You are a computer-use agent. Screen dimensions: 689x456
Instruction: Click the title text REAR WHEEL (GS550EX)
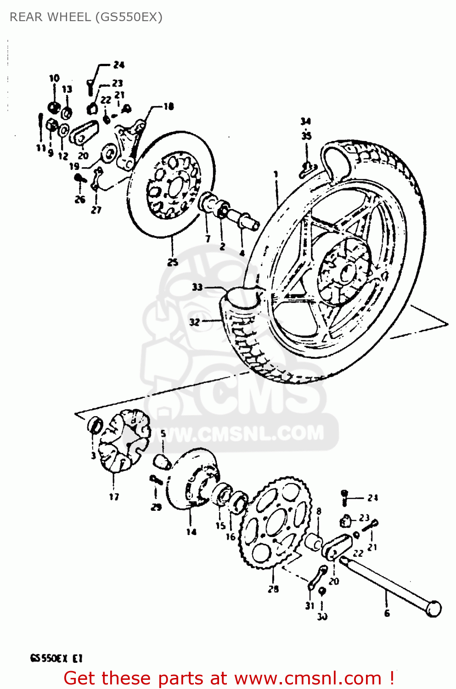tap(86, 17)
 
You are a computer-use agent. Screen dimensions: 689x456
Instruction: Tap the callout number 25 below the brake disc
tap(173, 262)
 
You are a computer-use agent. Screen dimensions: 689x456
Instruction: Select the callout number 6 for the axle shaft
tap(387, 613)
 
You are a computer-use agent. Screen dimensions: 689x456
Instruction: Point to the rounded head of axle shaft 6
tap(433, 609)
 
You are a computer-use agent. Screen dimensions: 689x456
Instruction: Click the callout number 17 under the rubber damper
tap(114, 497)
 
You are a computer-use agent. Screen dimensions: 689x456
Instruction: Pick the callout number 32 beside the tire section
tap(195, 322)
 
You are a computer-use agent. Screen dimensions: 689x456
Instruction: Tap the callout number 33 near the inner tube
tap(197, 287)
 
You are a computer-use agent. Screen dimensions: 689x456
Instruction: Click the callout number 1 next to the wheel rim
tap(276, 174)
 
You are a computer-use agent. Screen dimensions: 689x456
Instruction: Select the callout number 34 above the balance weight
tap(306, 121)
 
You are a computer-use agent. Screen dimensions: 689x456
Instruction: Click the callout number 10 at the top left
tap(54, 78)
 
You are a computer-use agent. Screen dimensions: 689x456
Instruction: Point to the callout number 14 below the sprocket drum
tap(191, 532)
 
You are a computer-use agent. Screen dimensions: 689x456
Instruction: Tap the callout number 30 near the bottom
tap(322, 617)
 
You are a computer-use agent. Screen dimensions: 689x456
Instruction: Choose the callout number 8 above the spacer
tap(319, 511)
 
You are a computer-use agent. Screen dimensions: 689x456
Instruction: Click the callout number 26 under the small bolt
tap(80, 199)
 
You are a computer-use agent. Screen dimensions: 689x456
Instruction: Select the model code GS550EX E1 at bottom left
tap(56, 658)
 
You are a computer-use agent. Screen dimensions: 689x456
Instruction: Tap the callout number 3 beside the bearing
tap(93, 456)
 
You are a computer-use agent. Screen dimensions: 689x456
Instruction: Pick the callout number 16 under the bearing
tap(231, 537)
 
